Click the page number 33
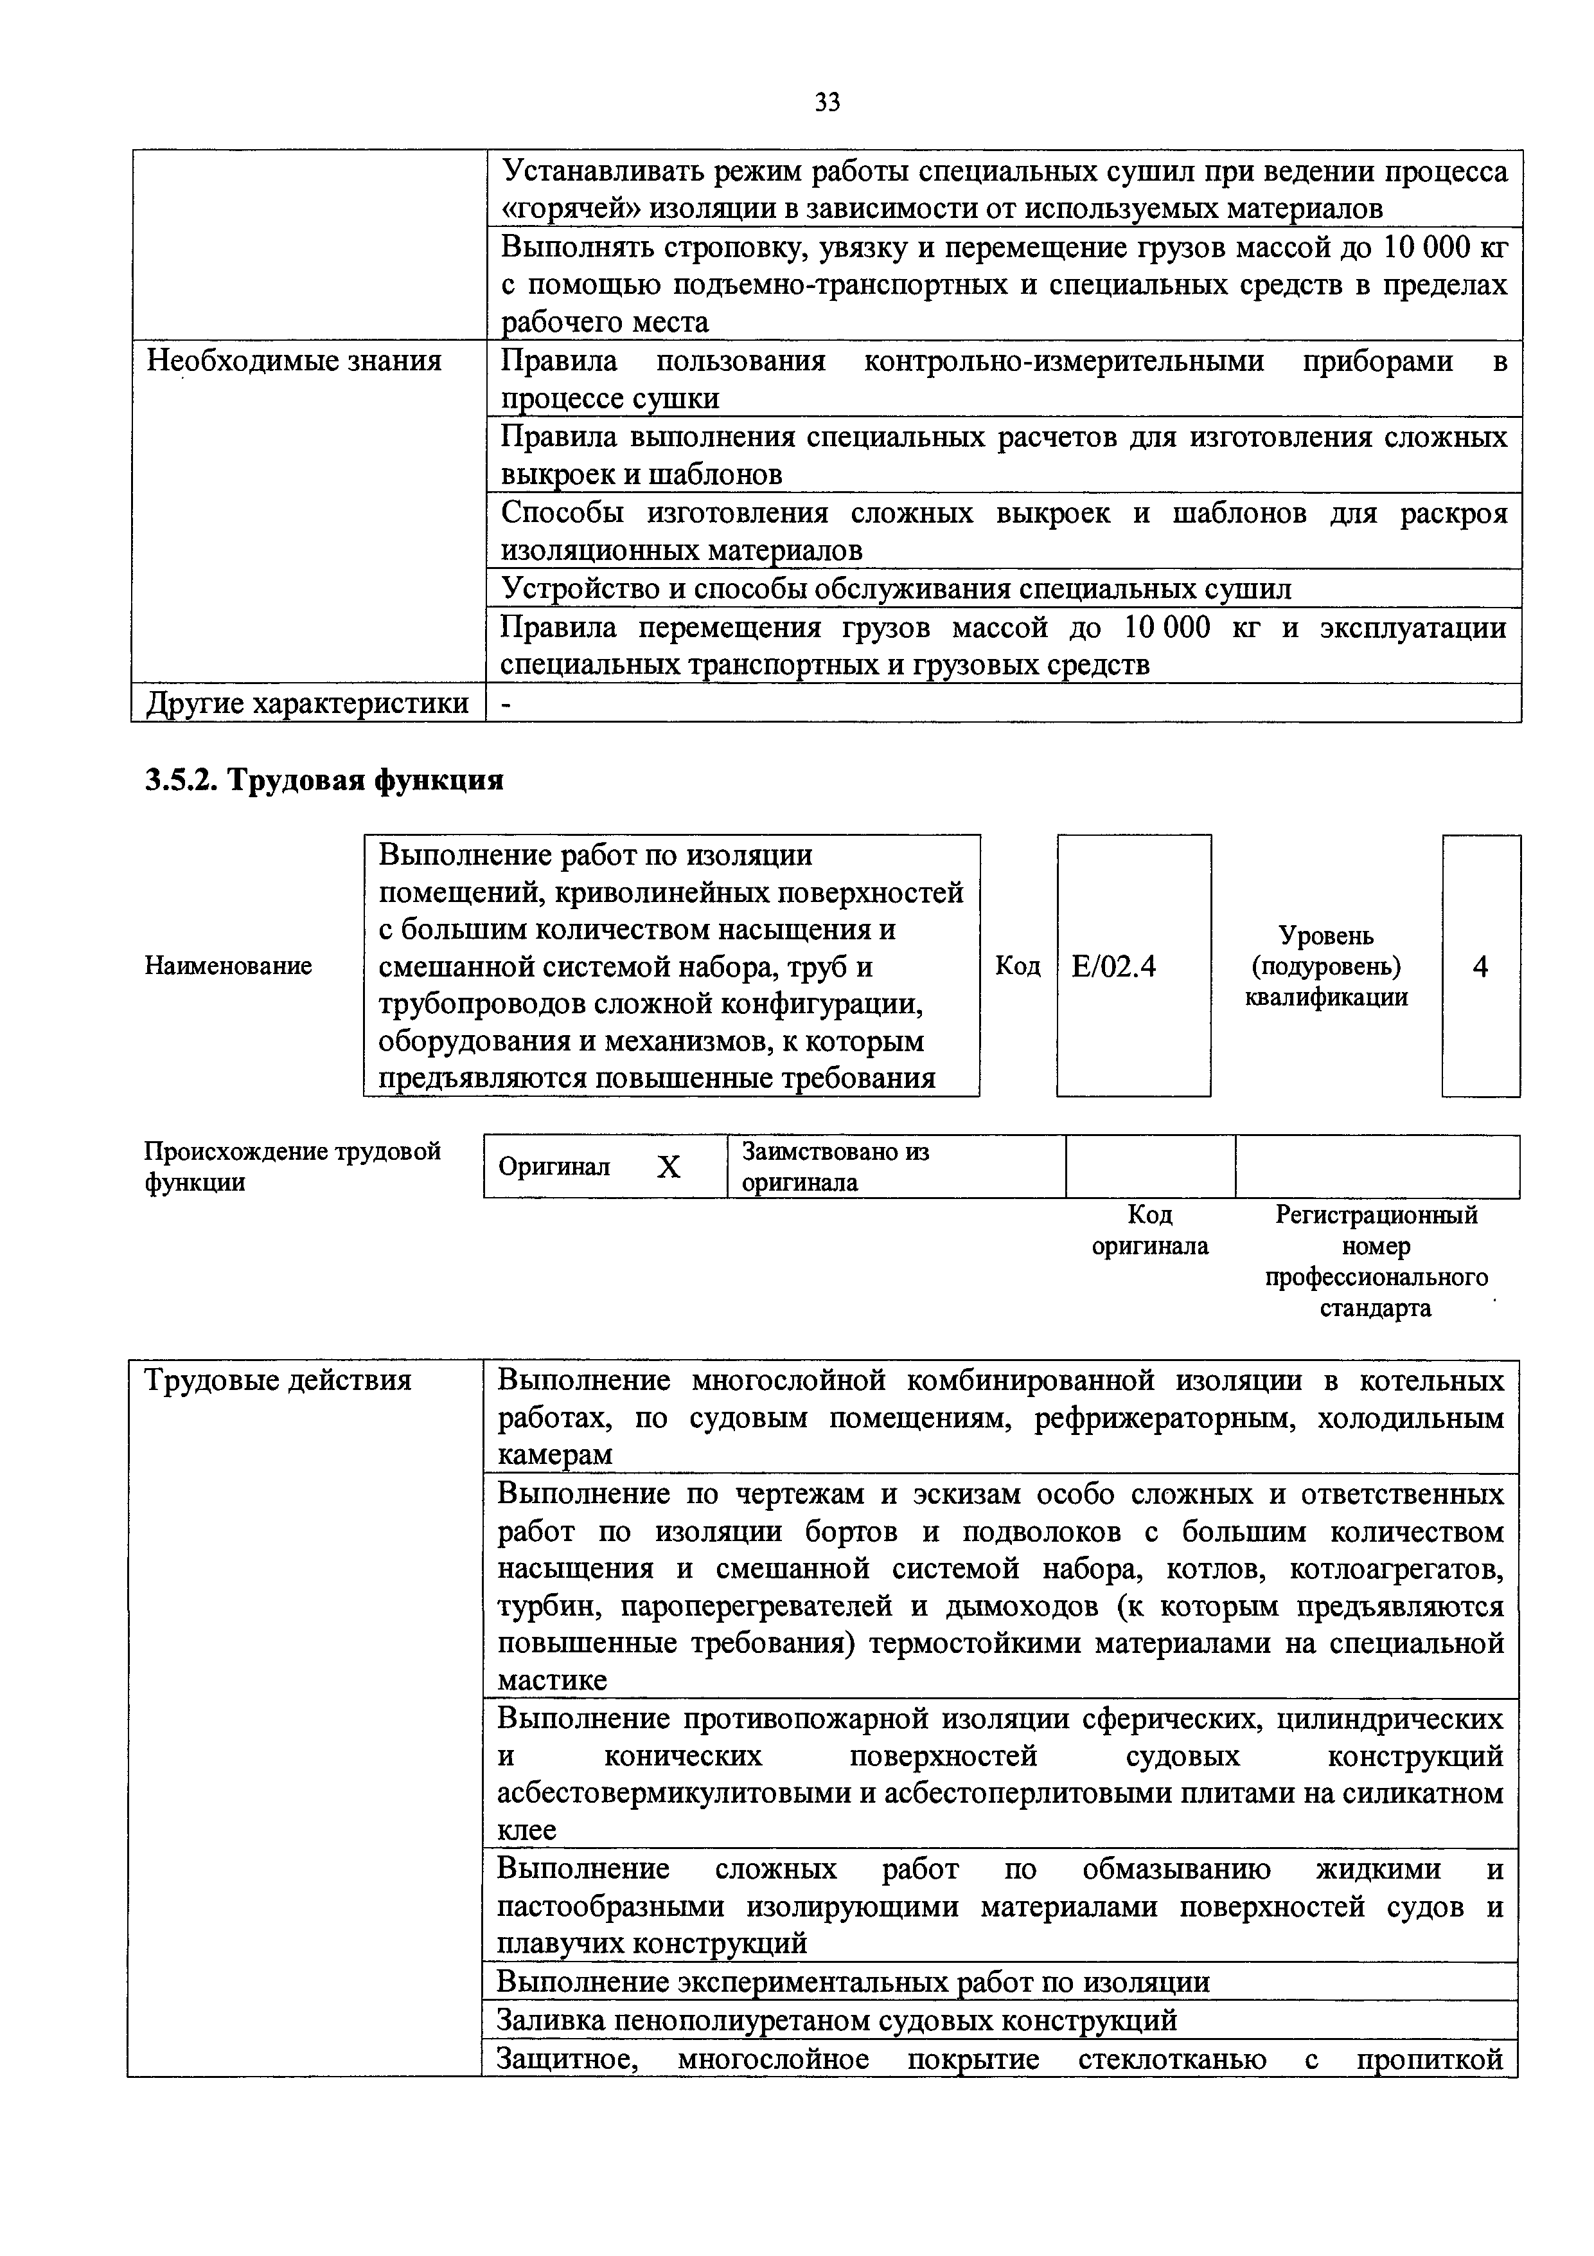tap(827, 102)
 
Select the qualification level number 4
tap(1480, 967)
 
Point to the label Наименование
tap(228, 966)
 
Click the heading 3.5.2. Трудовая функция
tap(324, 780)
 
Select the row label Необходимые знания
tap(294, 361)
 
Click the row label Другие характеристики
tap(307, 703)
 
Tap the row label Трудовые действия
tap(278, 1380)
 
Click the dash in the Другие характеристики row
tap(506, 703)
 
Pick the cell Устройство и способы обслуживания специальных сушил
tap(896, 588)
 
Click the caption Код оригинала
tap(1150, 1230)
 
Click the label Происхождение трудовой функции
tap(293, 1166)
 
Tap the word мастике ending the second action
tap(552, 1680)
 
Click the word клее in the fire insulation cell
tap(526, 1830)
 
